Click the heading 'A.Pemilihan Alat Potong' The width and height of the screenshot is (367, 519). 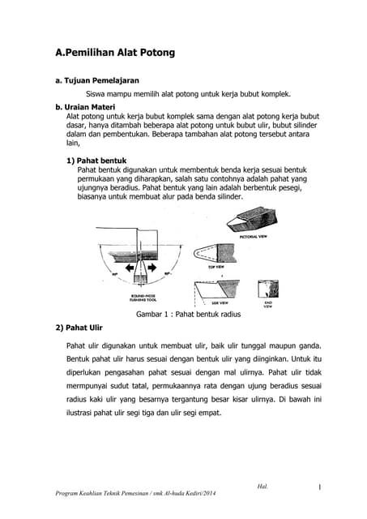pyautogui.click(x=114, y=53)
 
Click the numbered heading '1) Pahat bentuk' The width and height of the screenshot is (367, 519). pyautogui.click(x=96, y=161)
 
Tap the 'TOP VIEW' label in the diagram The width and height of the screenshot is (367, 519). pyautogui.click(x=217, y=266)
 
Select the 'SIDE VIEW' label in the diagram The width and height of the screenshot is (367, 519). pyautogui.click(x=220, y=302)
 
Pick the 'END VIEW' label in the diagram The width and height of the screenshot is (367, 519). pyautogui.click(x=268, y=303)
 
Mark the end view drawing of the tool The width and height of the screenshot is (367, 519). pyautogui.click(x=267, y=288)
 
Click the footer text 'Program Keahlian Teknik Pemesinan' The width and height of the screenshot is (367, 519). pyautogui.click(x=101, y=493)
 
